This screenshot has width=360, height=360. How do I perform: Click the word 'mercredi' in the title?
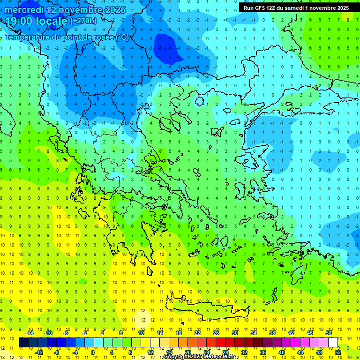[x=24, y=10]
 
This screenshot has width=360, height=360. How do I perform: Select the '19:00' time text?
[x=21, y=21]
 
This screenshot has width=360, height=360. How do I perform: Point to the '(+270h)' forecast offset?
[x=83, y=21]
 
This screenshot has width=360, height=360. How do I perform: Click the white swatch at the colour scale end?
[x=333, y=343]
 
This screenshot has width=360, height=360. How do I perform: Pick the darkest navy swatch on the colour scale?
[x=23, y=343]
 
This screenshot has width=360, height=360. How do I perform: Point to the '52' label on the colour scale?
[x=337, y=352]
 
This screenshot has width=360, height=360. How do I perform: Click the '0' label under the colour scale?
[x=93, y=352]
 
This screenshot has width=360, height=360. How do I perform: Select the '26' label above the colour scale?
[x=216, y=333]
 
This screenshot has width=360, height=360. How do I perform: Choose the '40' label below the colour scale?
[x=281, y=352]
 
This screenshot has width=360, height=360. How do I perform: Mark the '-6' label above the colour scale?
[x=66, y=333]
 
